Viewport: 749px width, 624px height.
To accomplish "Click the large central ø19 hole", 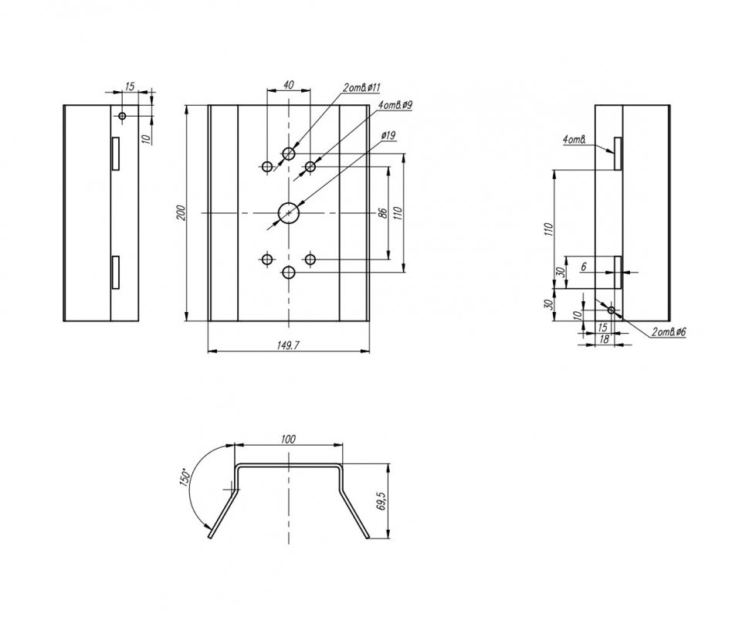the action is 289,212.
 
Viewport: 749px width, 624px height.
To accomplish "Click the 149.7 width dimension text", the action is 289,344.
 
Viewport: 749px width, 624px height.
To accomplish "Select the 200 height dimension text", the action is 181,213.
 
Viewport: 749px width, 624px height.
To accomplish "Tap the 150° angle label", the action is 185,476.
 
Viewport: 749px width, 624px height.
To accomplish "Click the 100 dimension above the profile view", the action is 289,439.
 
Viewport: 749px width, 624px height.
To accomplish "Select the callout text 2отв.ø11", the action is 361,87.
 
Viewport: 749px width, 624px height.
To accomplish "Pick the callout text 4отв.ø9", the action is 395,104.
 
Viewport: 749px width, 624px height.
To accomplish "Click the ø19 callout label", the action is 388,136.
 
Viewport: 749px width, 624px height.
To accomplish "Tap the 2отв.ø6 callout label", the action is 669,331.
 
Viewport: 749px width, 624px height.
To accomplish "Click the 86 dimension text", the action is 382,213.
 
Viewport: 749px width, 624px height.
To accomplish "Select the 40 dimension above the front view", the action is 289,85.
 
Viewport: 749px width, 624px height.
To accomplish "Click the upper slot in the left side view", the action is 115,154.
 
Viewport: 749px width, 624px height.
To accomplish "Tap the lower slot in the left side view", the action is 115,273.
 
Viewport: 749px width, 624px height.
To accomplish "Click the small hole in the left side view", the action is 122,116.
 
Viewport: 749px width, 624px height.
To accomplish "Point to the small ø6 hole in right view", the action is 612,310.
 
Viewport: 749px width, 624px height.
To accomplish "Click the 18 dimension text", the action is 604,339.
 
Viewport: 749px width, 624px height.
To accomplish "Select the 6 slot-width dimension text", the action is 584,267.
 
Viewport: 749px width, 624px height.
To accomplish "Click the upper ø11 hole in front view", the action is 289,154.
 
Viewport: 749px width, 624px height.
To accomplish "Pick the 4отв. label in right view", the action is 574,140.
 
